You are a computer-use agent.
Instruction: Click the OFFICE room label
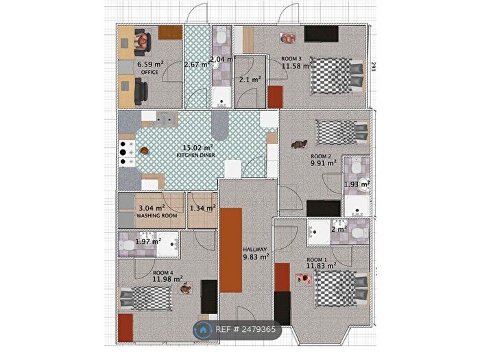click(x=149, y=71)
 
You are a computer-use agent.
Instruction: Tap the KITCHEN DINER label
click(x=196, y=156)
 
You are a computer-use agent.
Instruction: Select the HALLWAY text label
click(x=255, y=249)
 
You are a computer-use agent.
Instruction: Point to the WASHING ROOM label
click(x=156, y=216)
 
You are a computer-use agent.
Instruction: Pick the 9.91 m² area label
click(x=323, y=163)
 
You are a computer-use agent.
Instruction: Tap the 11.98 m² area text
click(x=167, y=278)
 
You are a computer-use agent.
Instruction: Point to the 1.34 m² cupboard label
click(x=202, y=208)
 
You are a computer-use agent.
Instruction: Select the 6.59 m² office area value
click(x=150, y=63)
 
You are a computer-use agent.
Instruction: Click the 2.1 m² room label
click(x=250, y=80)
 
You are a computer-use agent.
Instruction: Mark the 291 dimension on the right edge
click(x=374, y=68)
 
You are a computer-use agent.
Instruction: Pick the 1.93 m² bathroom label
click(x=357, y=184)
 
